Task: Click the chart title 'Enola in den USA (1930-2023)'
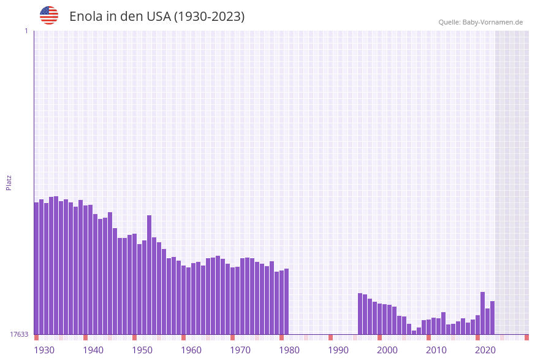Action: (x=157, y=17)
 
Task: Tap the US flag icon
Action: (x=49, y=15)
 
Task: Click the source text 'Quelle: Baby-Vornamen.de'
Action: (x=480, y=22)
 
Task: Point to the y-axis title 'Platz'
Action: (x=9, y=182)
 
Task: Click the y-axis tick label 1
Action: (x=26, y=31)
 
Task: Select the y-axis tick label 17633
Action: (x=19, y=334)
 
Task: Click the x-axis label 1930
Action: (x=44, y=350)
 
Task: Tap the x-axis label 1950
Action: (x=142, y=350)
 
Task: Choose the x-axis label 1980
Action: (x=289, y=350)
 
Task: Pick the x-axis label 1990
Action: (x=338, y=350)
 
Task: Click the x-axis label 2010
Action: (x=436, y=350)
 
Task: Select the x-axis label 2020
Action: (x=485, y=350)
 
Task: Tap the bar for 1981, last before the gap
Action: (x=286, y=301)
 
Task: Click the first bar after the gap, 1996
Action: (x=360, y=313)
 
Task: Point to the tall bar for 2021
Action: (x=483, y=313)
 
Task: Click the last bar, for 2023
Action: (x=492, y=318)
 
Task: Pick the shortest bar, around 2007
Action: (x=414, y=332)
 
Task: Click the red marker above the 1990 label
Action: (x=330, y=337)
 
